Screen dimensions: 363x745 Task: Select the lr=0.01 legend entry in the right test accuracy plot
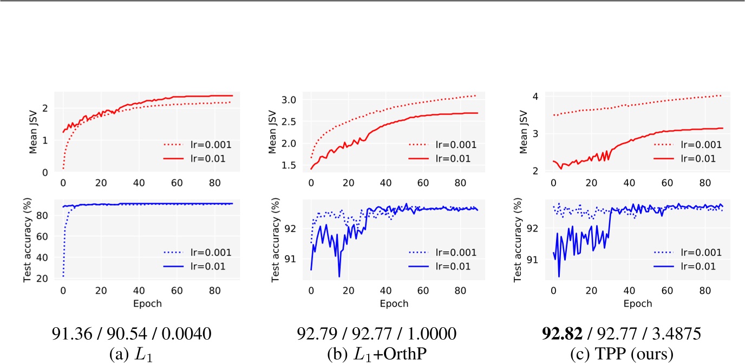(701, 266)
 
